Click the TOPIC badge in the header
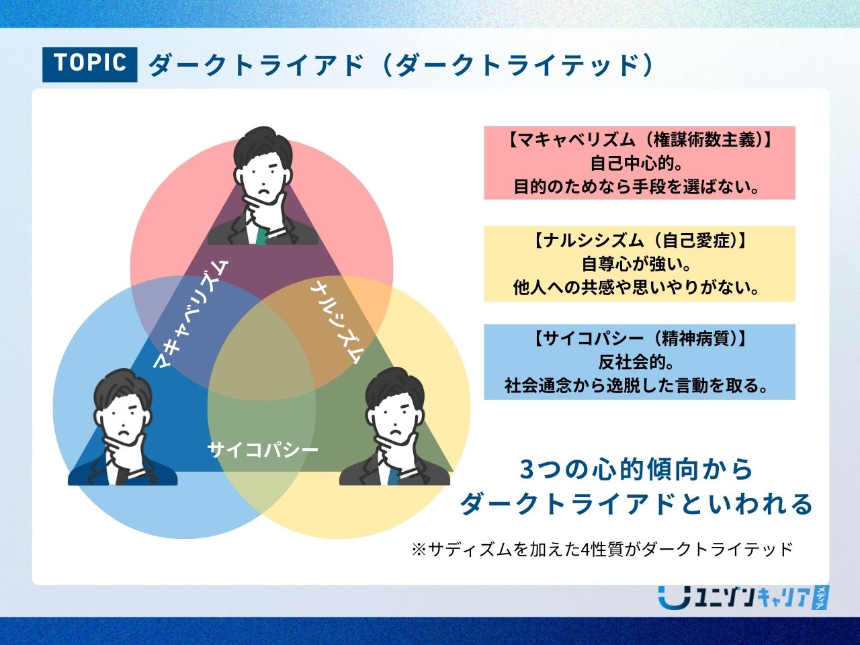pos(90,64)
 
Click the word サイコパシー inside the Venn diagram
pos(263,449)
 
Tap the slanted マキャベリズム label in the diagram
pos(190,314)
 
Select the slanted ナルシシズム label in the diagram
pos(338,322)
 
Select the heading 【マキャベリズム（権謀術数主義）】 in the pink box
pos(640,140)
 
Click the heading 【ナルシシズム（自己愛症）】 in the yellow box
pos(640,240)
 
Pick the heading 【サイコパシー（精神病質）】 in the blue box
pos(640,339)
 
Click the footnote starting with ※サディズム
pos(602,549)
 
